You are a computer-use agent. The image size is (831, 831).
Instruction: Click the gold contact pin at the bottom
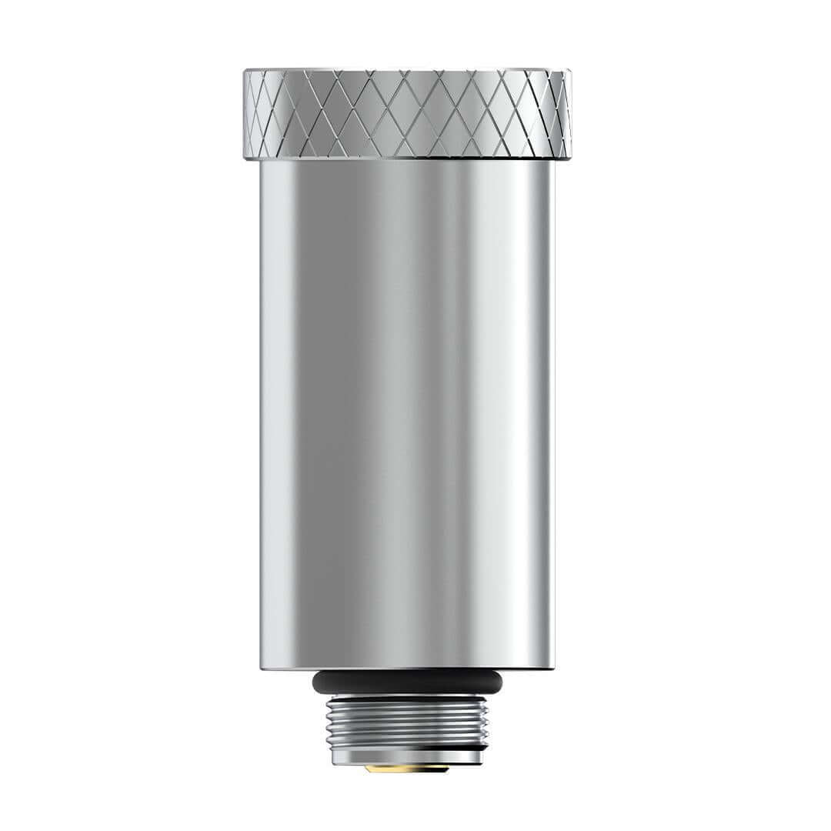(x=406, y=767)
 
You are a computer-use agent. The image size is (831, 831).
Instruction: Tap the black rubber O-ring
(x=407, y=682)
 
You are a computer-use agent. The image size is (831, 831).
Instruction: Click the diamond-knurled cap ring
(x=407, y=114)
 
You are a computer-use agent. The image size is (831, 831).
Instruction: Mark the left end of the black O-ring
(x=314, y=682)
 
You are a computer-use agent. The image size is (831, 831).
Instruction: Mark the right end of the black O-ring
(x=501, y=682)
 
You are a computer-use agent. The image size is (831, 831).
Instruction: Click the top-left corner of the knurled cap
(x=245, y=72)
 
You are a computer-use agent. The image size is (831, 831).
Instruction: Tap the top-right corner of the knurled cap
(x=569, y=72)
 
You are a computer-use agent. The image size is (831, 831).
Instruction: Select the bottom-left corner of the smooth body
(x=262, y=667)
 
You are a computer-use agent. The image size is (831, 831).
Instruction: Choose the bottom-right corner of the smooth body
(x=553, y=667)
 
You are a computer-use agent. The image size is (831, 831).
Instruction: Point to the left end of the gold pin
(x=367, y=767)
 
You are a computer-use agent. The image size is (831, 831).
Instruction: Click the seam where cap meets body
(x=407, y=159)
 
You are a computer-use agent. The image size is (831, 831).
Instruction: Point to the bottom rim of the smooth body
(x=407, y=666)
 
